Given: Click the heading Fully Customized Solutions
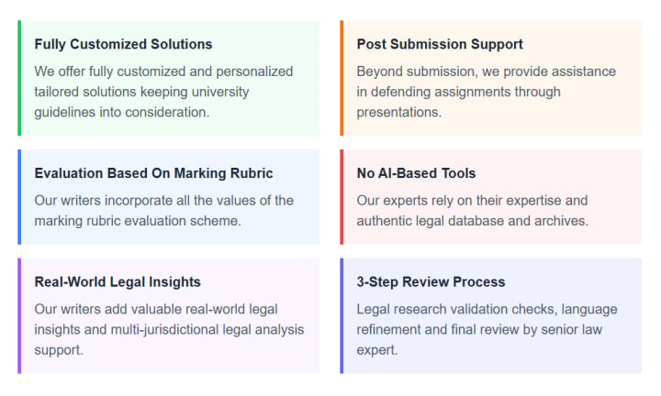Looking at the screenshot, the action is (123, 44).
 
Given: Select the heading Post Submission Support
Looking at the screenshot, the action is (440, 44).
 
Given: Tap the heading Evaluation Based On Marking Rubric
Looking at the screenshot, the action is (153, 173).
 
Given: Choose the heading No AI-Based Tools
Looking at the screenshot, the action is (416, 173).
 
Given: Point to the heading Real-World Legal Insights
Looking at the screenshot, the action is (118, 281).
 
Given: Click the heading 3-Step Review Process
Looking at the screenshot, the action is (431, 281).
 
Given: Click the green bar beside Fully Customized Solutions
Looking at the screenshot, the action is (19, 78).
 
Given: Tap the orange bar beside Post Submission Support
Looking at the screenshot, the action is (342, 78).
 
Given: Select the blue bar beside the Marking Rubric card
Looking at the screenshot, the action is (19, 197).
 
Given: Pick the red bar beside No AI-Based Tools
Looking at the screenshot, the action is (342, 197).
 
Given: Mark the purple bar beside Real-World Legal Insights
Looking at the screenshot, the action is (19, 315).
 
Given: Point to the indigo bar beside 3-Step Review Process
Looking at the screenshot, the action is (342, 315).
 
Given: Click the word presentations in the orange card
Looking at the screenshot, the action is (398, 112).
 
